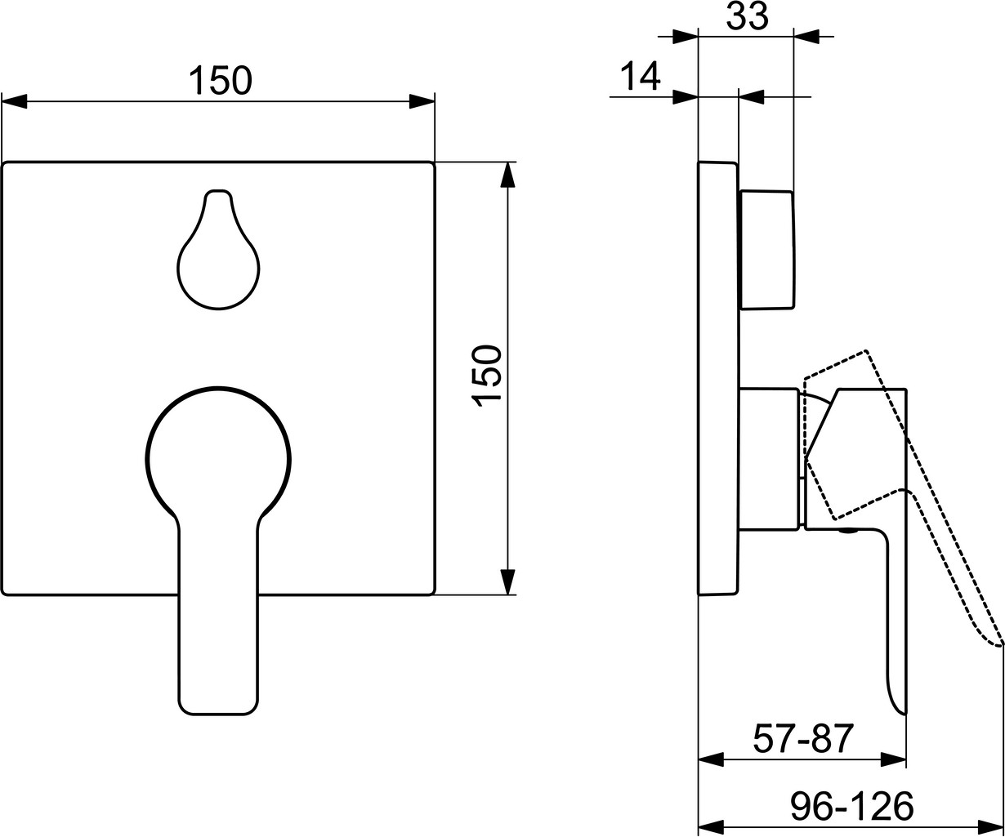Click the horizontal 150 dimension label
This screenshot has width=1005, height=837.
tap(221, 80)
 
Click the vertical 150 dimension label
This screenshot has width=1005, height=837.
tap(487, 376)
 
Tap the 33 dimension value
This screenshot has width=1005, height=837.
tap(747, 17)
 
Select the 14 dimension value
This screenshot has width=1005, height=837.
tap(640, 77)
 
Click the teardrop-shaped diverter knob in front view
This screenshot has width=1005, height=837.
tap(218, 249)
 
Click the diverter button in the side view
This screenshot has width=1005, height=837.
tap(766, 249)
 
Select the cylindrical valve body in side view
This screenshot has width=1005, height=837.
tap(769, 460)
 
